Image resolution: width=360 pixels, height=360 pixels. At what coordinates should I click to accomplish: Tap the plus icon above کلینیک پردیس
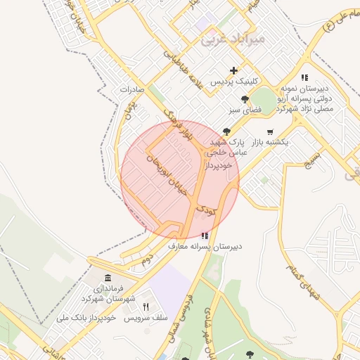pos(234,70)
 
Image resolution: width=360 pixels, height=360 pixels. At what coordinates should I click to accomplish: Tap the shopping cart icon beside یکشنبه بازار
pos(270,131)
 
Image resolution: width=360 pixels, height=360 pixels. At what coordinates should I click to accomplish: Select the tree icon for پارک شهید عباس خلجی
pos(226,131)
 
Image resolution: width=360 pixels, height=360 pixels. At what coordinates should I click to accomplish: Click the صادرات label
pos(131,90)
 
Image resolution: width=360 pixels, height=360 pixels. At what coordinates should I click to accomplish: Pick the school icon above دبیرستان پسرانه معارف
pos(205,236)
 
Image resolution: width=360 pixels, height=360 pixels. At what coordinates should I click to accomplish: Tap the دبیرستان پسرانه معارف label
pos(205,247)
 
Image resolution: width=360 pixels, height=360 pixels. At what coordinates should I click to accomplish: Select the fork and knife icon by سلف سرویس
pos(146,307)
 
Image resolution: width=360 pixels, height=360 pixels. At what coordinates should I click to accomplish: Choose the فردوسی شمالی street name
pos(182,320)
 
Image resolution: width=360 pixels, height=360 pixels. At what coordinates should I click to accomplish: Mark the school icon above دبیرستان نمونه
pos(304,77)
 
